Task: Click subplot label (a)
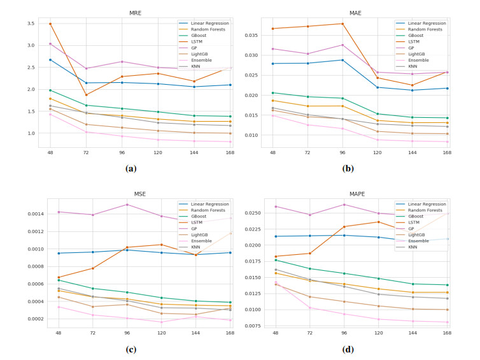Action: [131, 169]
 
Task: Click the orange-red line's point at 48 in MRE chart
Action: [50, 24]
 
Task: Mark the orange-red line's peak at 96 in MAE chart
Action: [342, 24]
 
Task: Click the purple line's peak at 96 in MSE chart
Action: [127, 205]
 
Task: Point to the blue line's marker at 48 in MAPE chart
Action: [276, 236]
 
